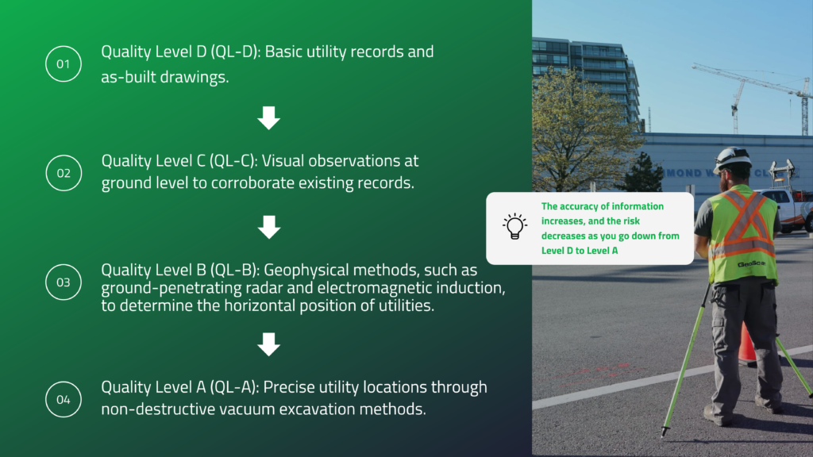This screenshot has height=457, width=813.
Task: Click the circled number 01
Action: [64, 65]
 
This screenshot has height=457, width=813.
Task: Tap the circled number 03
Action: [64, 282]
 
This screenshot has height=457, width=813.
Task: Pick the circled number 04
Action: [64, 398]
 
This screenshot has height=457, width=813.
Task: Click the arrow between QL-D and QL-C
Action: [269, 119]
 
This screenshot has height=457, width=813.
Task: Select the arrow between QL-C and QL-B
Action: [269, 228]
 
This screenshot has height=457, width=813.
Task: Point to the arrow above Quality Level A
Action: [269, 344]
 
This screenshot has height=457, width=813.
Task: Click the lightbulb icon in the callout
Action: [514, 227]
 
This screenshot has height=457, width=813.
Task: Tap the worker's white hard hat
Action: [731, 157]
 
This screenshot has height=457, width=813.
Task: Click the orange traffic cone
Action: [747, 344]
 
